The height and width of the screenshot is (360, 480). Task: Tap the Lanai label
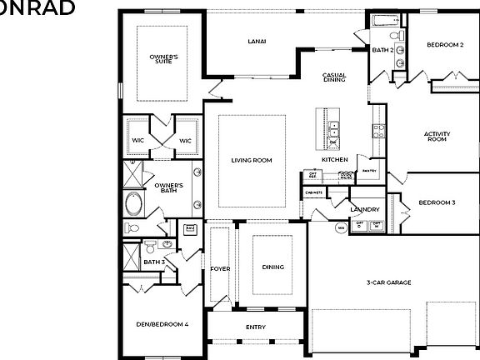[256, 42]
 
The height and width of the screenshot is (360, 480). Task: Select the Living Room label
[252, 160]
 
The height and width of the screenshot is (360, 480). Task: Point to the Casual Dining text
[334, 79]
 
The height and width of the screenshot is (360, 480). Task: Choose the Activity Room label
[437, 137]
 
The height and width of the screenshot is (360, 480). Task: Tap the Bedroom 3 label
[437, 202]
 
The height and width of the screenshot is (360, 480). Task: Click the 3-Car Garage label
[388, 282]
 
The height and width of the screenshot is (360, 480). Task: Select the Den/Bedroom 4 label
[162, 323]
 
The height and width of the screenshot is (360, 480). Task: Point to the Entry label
[256, 327]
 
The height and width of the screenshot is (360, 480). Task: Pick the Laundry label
[365, 210]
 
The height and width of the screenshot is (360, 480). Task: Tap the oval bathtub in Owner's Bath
[133, 203]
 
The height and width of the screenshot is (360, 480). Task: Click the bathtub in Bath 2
[383, 20]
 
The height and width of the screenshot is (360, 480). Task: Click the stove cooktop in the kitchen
[379, 130]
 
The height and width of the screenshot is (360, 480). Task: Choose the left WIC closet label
[138, 141]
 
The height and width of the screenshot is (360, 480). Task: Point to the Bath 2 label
[382, 50]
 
